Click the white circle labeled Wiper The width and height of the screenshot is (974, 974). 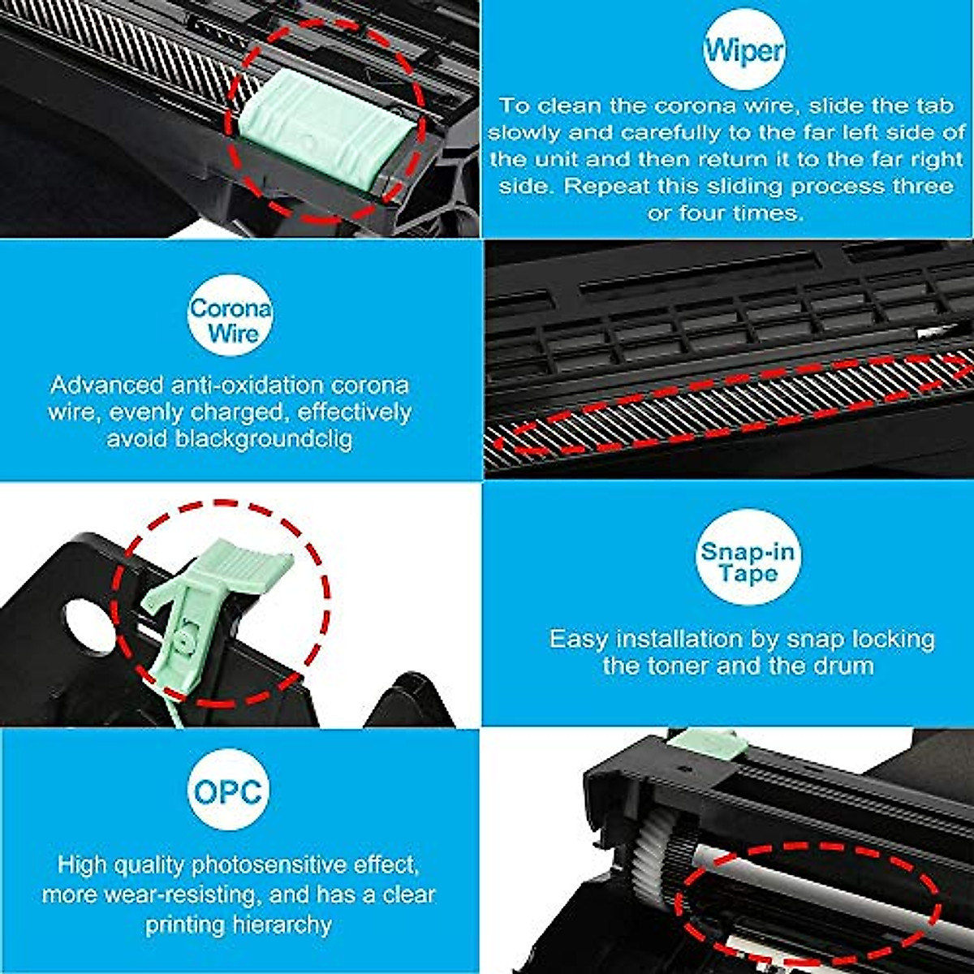coord(743,50)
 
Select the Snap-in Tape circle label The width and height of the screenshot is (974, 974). coord(748,562)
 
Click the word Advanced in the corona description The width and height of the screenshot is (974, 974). coord(106,385)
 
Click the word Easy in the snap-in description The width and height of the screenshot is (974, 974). coord(578,639)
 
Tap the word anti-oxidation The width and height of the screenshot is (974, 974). coord(247,385)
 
